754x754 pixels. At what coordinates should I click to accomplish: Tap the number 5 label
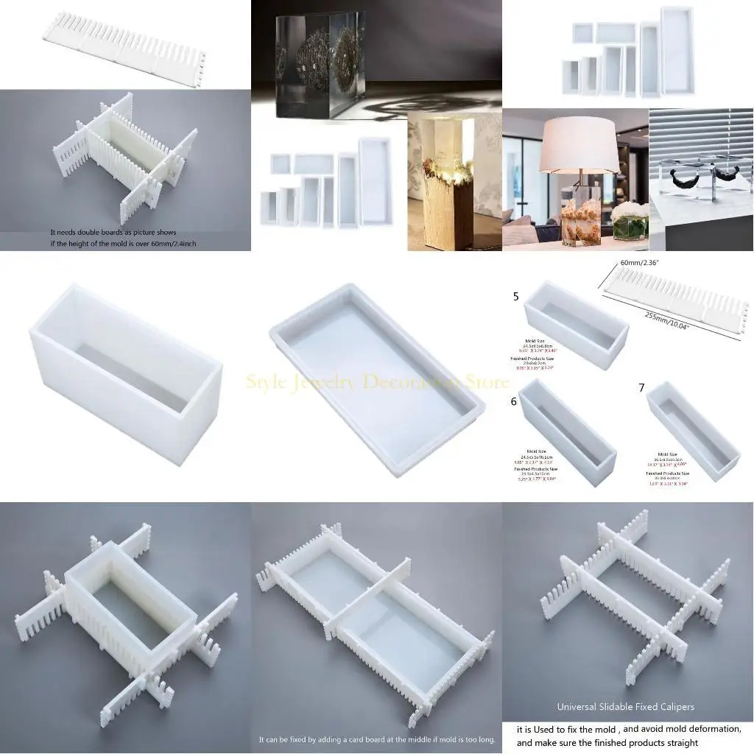[x=516, y=297]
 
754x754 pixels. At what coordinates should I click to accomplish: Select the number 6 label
[x=514, y=402]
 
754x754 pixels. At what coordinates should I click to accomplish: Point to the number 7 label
[x=641, y=387]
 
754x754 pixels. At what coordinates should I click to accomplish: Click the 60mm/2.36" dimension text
[x=639, y=263]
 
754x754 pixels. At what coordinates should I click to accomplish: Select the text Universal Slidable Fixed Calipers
[x=625, y=707]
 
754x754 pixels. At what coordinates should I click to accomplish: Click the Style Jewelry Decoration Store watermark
[x=377, y=382]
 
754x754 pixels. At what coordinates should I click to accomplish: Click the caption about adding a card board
[x=376, y=739]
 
